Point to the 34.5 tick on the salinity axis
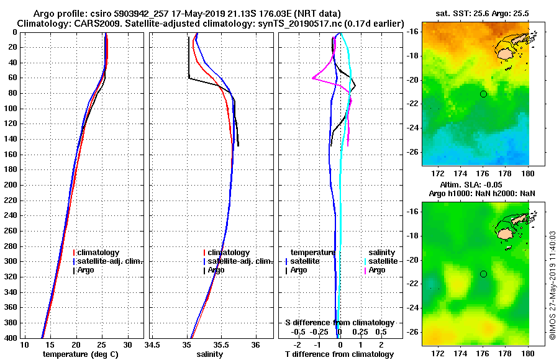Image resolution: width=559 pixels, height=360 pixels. pos(153,344)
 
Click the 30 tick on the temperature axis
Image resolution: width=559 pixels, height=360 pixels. pos(127,344)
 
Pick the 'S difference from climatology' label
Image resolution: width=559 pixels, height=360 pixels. pos(339,323)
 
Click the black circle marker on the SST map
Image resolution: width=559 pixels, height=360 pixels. pos(483,94)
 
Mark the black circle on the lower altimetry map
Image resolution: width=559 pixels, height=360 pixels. pos(483,274)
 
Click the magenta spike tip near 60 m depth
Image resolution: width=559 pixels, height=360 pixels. pos(312,78)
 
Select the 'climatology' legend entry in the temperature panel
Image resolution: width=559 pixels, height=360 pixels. pos(100,253)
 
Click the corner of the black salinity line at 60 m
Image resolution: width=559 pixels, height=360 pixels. pos(189,78)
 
